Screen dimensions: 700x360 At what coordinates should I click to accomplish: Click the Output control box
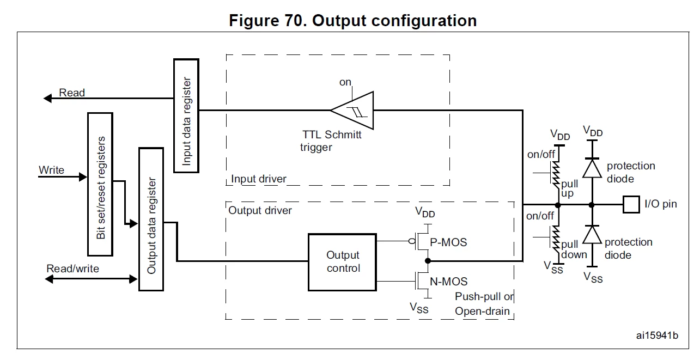pos(342,262)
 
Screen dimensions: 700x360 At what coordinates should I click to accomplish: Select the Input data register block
pos(186,115)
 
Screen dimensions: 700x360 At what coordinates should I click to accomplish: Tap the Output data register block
pos(151,219)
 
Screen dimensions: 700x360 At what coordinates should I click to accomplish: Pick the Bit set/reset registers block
pos(100,185)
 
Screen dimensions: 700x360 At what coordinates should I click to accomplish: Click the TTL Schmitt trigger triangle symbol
pos(352,111)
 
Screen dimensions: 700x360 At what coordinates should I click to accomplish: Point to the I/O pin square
pos(631,204)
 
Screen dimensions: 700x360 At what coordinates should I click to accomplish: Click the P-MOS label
pos(448,242)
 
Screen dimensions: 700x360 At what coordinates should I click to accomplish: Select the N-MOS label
pos(449,282)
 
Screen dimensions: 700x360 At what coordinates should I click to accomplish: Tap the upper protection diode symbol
pos(592,168)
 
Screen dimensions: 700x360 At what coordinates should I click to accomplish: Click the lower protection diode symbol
pos(592,234)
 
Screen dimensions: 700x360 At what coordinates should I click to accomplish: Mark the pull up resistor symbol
pos(556,175)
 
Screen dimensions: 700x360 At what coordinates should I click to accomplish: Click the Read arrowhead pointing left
pos(47,99)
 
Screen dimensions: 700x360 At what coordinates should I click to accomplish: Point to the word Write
pos(51,170)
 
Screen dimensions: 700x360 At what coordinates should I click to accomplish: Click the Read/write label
pos(72,269)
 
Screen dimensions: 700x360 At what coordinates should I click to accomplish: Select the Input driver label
pos(258,179)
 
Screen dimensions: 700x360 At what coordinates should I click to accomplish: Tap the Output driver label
pos(260,210)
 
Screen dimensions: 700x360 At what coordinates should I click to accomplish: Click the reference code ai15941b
pos(657,335)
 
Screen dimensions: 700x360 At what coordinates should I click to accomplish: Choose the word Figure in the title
pos(254,21)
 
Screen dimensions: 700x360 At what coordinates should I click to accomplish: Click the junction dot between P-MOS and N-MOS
pos(428,261)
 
